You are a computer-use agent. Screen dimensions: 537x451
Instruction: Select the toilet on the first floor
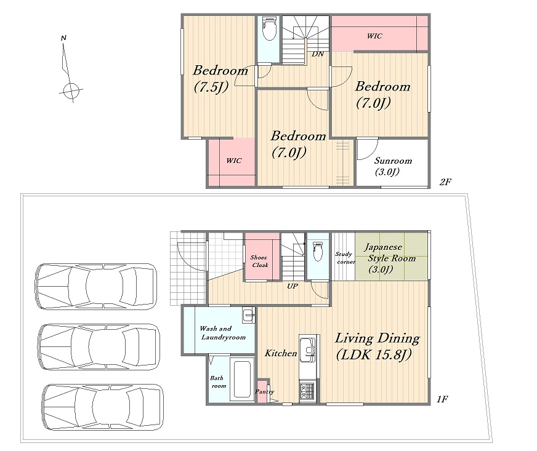318,251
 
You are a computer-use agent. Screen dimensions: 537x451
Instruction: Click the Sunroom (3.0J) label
392,166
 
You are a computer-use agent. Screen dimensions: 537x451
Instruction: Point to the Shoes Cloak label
259,261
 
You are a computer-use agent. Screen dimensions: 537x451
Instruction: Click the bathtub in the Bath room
242,379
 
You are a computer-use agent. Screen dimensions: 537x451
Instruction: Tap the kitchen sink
308,349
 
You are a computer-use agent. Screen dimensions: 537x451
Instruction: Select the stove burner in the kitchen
307,391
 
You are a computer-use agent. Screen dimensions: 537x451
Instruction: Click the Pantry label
264,391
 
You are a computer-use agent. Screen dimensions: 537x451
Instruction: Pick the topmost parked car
96,286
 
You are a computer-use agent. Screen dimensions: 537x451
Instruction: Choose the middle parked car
99,346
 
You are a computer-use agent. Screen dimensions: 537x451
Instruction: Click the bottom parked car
103,407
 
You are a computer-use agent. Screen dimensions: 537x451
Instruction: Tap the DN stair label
318,54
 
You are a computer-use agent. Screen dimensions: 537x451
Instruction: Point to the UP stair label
292,285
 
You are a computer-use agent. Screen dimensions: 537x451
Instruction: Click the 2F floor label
445,182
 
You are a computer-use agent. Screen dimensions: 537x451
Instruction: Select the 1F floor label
443,399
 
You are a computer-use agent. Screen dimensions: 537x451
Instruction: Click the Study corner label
345,258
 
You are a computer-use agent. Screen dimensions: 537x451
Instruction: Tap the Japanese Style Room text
390,252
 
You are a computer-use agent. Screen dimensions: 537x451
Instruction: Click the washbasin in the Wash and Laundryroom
249,315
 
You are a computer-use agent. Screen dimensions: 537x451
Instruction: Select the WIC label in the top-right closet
374,36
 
